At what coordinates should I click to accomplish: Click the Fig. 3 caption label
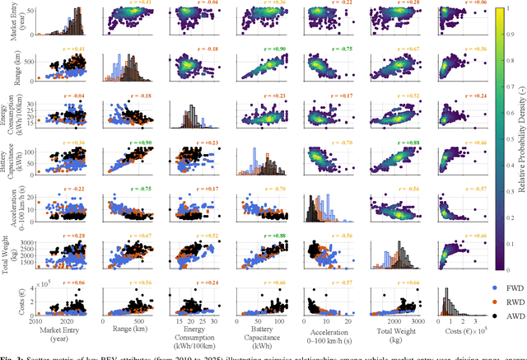13,355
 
